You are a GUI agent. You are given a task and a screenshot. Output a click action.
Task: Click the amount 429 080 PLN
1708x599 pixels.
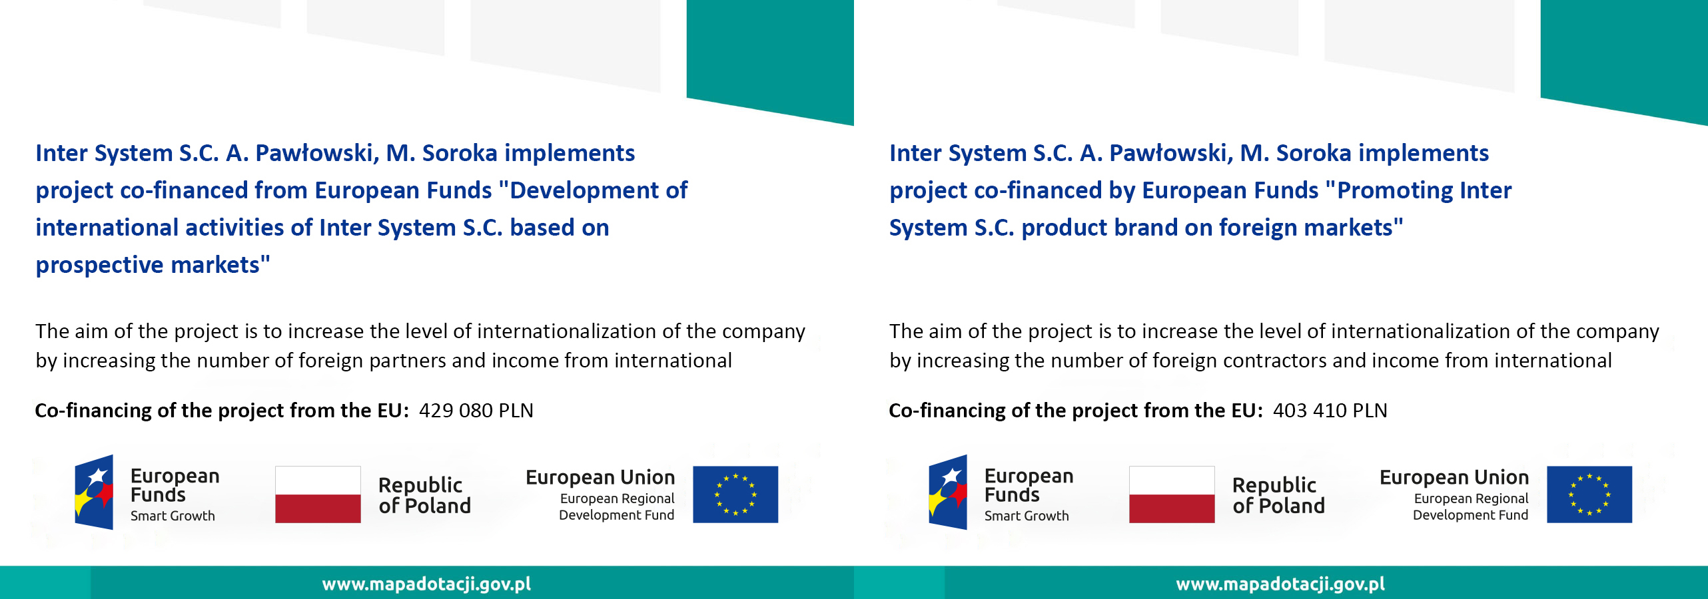tap(476, 411)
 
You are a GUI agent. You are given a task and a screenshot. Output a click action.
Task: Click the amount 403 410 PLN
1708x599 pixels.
tap(1330, 411)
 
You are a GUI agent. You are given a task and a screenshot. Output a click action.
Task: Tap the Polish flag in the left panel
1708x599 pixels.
tap(318, 495)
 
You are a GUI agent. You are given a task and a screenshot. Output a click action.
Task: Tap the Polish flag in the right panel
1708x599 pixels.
tap(1172, 495)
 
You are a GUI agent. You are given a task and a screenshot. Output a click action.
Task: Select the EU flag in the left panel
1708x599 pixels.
tap(735, 495)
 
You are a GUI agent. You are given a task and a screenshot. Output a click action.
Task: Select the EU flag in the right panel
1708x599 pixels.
tap(1589, 495)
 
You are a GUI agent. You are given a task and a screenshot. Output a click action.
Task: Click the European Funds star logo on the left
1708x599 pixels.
tap(94, 493)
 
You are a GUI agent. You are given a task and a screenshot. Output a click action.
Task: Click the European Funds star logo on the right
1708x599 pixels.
tap(948, 493)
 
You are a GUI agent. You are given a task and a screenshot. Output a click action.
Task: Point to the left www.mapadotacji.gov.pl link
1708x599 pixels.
tap(426, 584)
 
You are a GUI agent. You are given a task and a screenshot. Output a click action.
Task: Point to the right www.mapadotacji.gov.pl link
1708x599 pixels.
tap(1280, 584)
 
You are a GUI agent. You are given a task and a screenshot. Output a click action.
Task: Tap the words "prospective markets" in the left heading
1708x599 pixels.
tap(153, 266)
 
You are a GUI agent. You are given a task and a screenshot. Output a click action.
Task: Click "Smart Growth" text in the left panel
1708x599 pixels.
tap(173, 516)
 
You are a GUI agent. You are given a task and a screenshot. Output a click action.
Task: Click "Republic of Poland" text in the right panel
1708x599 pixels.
tap(1278, 495)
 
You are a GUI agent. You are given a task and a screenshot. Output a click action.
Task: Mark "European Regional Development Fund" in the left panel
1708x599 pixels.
tap(617, 506)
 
